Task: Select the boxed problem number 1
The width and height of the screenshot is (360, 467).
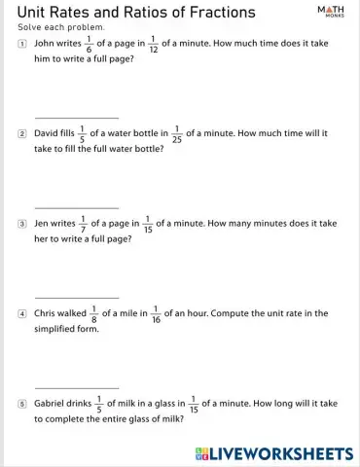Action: [x=22, y=44]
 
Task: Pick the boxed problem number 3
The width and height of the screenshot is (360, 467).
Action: [x=22, y=223]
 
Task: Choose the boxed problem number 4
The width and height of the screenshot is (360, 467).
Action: [x=22, y=314]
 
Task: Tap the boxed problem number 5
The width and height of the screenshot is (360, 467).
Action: [x=22, y=403]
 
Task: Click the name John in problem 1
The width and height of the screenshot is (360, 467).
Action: [x=46, y=44]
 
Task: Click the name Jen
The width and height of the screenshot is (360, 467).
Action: [x=43, y=223]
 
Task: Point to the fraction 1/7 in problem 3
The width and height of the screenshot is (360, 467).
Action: [x=83, y=223]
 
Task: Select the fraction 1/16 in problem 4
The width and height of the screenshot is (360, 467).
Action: [x=155, y=314]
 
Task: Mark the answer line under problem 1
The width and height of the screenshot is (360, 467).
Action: [x=76, y=117]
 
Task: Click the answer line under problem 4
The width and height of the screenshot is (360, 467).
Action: [x=76, y=386]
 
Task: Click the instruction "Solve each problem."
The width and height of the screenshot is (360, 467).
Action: [x=54, y=27]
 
